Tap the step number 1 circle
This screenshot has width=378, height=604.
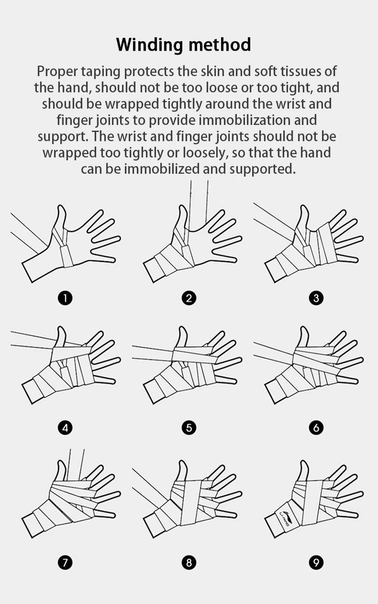[x=65, y=298]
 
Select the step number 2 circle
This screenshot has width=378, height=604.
[x=189, y=298]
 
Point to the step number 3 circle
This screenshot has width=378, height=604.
[x=316, y=298]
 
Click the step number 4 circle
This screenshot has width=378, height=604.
[x=65, y=427]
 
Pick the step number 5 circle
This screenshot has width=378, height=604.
[x=189, y=427]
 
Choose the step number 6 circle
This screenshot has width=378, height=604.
[x=316, y=427]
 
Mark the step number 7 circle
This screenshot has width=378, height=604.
[x=65, y=562]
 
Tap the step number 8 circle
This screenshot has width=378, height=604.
[x=189, y=562]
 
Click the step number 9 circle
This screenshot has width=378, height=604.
[x=316, y=562]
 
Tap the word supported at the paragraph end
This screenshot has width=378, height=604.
[x=262, y=169]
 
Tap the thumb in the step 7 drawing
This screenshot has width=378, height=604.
[x=61, y=471]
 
